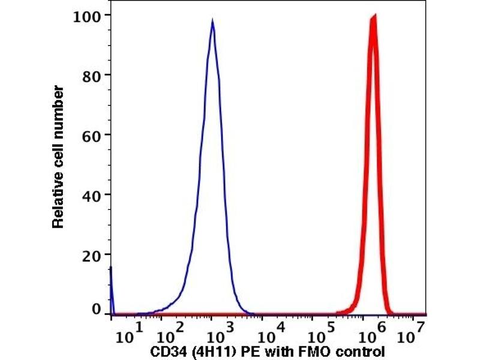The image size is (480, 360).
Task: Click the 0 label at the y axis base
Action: [96, 310]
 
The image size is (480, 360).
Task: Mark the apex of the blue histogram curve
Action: [212, 21]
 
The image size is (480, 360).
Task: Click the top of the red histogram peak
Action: [374, 17]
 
